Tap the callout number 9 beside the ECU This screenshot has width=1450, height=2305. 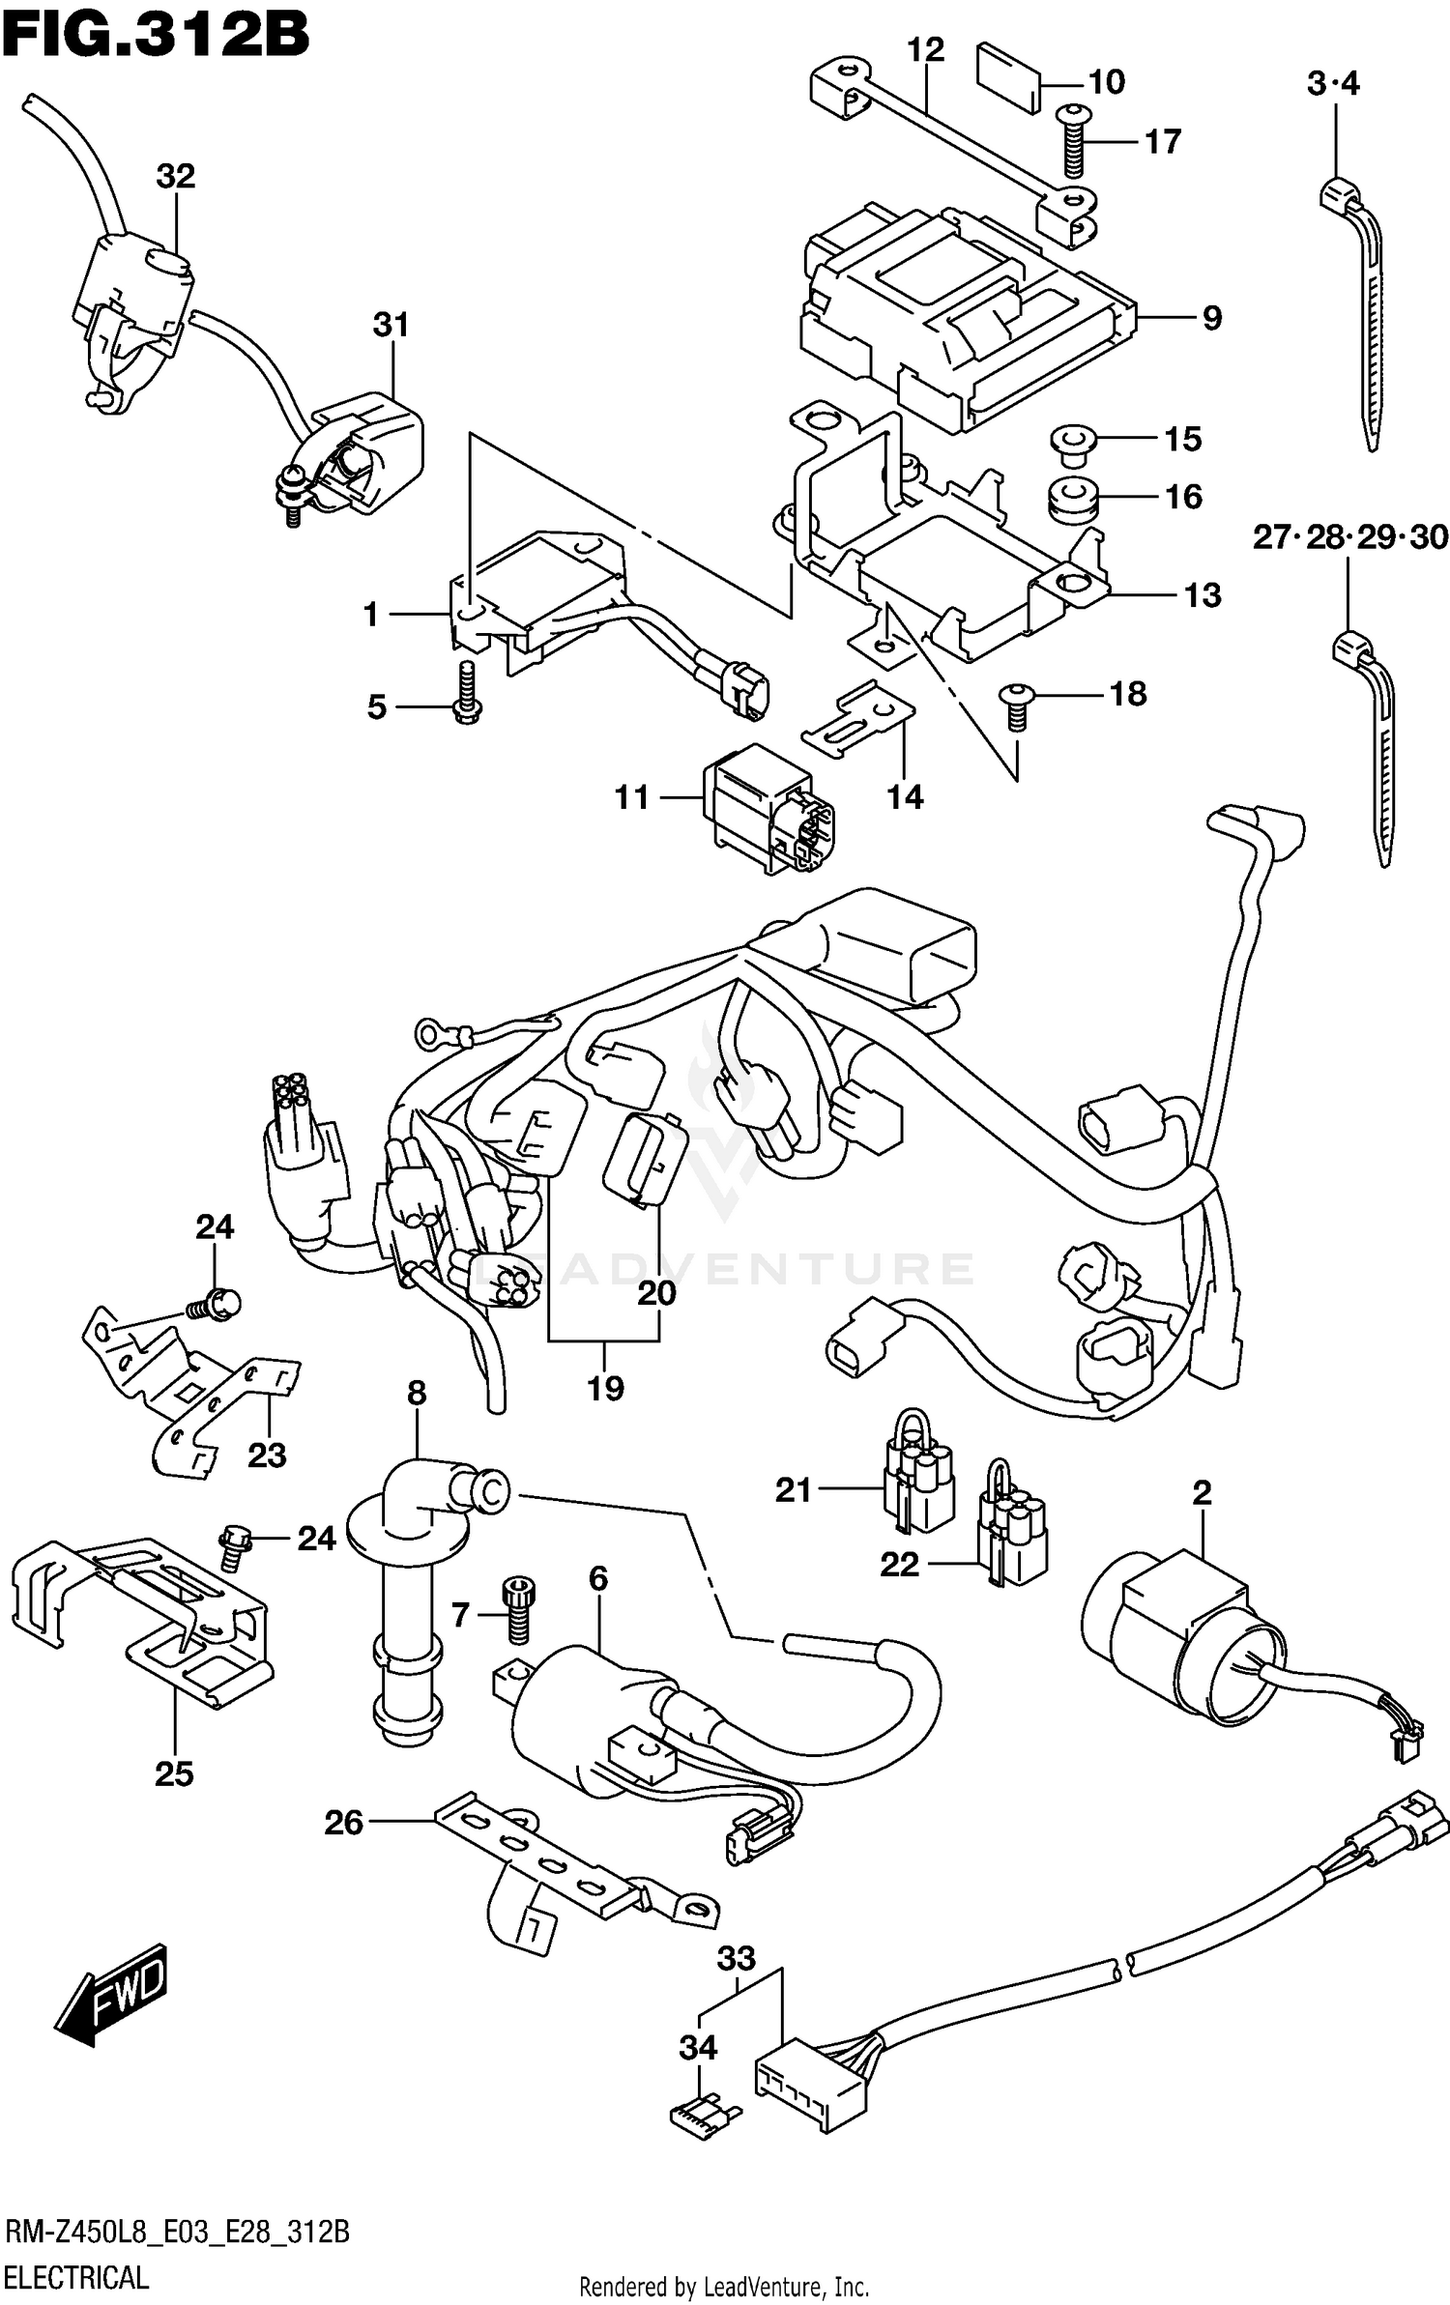coord(1212,318)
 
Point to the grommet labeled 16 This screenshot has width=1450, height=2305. coord(1072,498)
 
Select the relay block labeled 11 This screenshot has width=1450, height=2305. coord(764,808)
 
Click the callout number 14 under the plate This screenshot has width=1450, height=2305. coord(906,797)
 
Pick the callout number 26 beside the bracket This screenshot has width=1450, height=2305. coord(344,1823)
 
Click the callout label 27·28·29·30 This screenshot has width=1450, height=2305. coord(1349,537)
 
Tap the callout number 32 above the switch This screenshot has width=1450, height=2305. coord(176,176)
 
